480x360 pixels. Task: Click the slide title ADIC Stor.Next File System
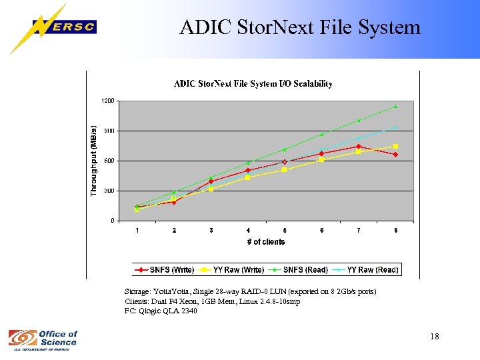click(x=300, y=27)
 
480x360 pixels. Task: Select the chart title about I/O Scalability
click(x=253, y=84)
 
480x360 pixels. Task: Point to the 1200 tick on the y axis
click(x=107, y=100)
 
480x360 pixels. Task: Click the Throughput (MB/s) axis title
click(x=94, y=161)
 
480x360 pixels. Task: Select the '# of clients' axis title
click(x=265, y=242)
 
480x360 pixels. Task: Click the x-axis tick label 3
click(x=211, y=231)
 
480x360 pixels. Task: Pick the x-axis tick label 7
click(x=359, y=231)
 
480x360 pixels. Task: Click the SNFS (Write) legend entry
click(x=165, y=270)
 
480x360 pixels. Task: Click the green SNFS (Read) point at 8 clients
click(x=395, y=106)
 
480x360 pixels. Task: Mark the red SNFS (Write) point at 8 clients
click(x=395, y=155)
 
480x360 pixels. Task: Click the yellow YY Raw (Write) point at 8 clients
click(x=395, y=147)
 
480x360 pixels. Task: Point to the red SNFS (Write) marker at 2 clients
click(x=174, y=201)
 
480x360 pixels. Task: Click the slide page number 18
click(x=435, y=337)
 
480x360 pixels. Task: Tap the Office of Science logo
click(x=43, y=339)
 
